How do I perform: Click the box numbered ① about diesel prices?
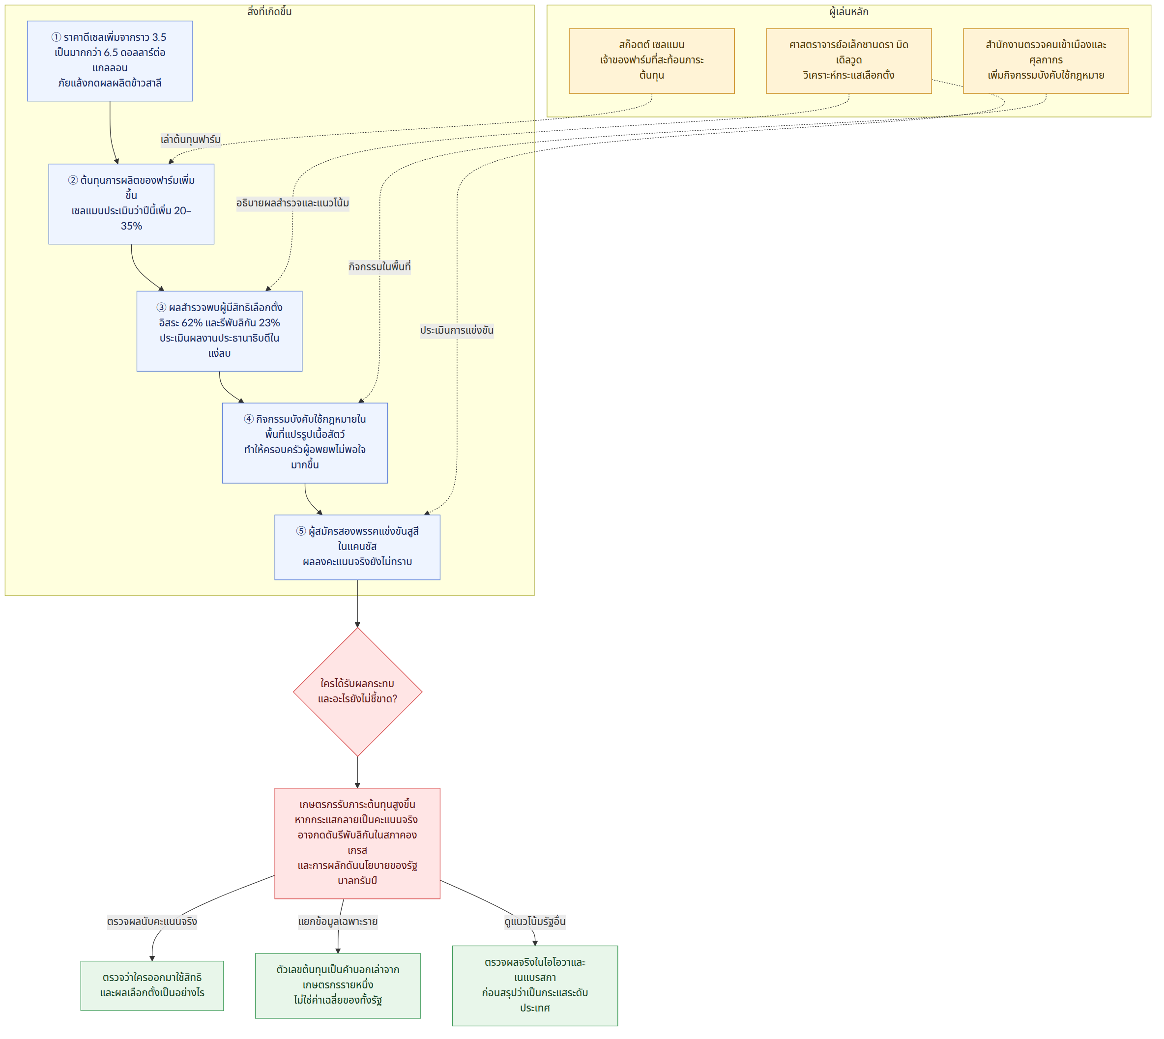click(110, 61)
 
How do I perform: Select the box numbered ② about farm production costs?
click(131, 204)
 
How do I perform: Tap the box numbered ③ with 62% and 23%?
click(219, 331)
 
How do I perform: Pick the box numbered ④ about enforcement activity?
click(305, 443)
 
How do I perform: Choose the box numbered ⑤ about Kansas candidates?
click(357, 548)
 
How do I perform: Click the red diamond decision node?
click(357, 692)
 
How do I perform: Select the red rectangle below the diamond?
click(357, 843)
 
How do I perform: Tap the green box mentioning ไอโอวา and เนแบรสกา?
click(535, 985)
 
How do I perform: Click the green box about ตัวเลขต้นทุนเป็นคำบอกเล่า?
click(338, 985)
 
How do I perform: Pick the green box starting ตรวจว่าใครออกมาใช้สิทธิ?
click(152, 985)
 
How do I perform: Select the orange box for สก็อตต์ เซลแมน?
click(652, 61)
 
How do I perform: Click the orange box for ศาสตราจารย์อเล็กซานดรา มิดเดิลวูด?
click(849, 61)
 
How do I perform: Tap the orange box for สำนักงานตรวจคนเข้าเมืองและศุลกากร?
click(1046, 61)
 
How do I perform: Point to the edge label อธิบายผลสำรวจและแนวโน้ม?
click(293, 203)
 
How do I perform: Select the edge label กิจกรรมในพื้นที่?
click(379, 266)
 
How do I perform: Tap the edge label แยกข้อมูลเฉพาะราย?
click(338, 922)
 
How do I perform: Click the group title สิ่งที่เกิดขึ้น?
click(269, 12)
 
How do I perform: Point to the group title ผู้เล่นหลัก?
click(849, 12)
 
